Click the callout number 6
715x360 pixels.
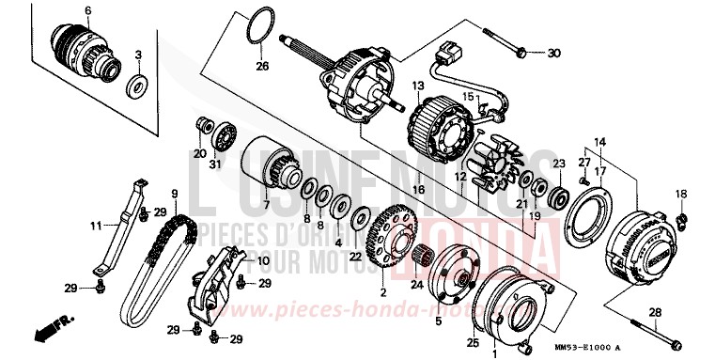87,11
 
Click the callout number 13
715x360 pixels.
412,86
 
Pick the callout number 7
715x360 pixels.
266,206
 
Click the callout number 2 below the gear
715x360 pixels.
382,279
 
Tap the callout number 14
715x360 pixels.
593,141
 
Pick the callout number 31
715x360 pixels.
216,165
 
